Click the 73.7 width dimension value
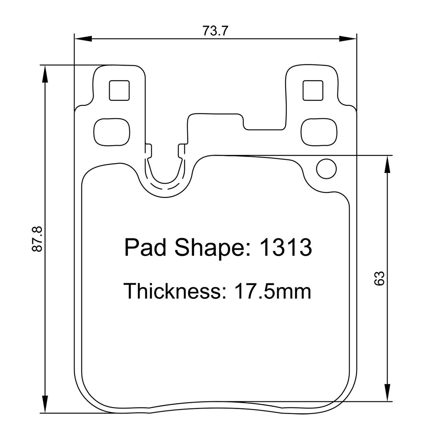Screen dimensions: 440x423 (215, 31)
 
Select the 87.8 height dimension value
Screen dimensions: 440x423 (37, 239)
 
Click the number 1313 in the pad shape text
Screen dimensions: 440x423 (286, 247)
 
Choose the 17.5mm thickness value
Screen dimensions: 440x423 (273, 291)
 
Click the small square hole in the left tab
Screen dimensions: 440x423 (119, 90)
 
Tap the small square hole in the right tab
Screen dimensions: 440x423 (313, 90)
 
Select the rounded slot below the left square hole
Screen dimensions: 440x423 (112, 132)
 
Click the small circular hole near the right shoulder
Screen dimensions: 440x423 (326, 168)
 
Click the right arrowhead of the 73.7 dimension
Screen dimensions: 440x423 (348, 38)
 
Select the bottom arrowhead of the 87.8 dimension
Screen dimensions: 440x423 (45, 404)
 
